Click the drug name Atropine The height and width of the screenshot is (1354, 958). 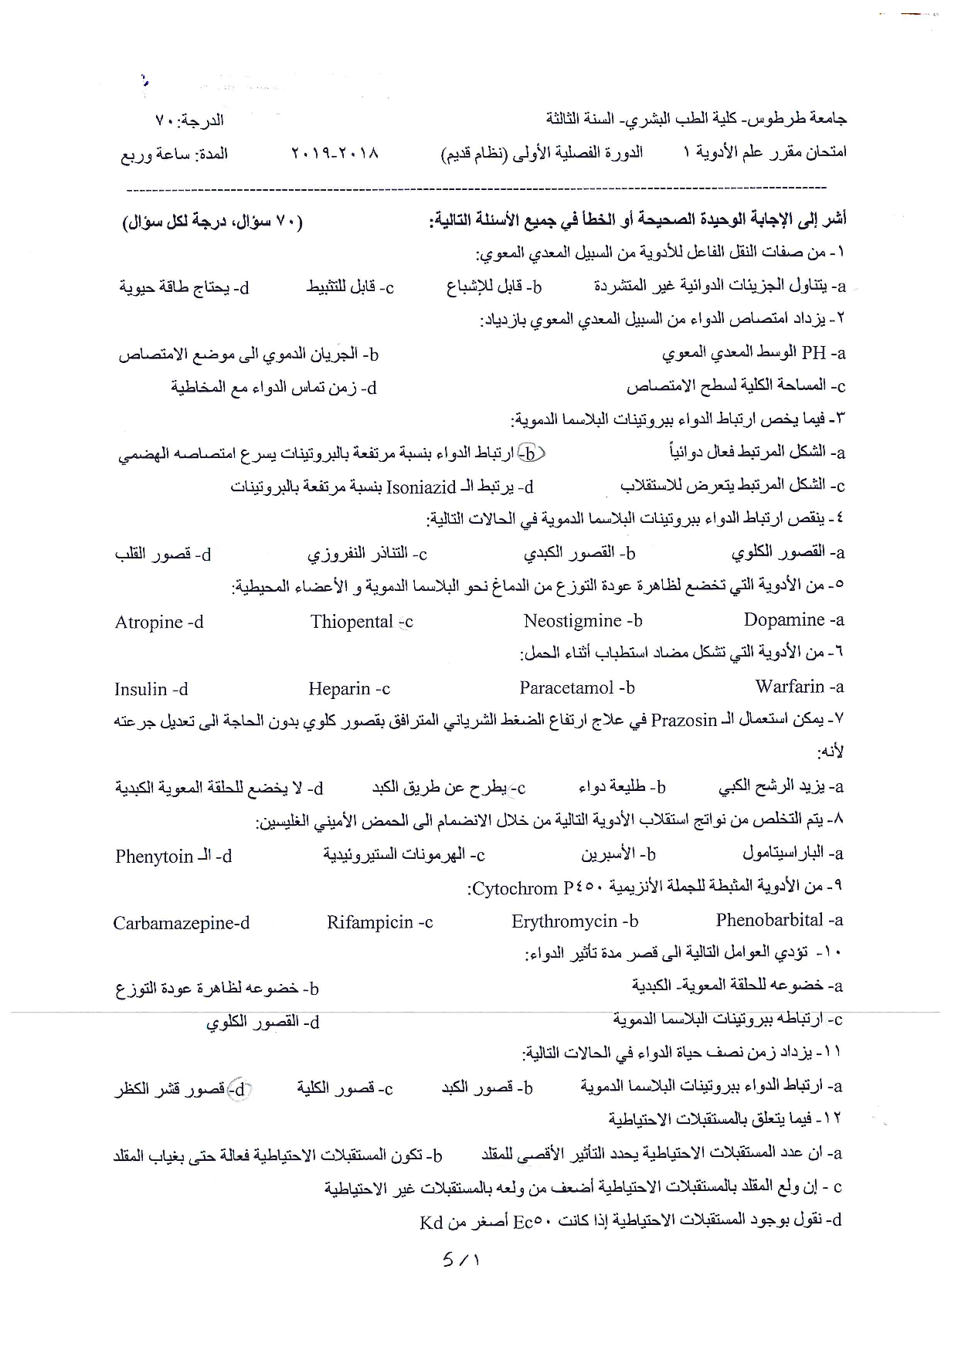[x=149, y=623]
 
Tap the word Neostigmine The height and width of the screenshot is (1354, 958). [x=572, y=621]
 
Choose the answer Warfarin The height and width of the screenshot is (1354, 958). [x=790, y=687]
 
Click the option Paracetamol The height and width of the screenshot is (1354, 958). [x=566, y=688]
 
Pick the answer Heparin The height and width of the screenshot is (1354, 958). [x=339, y=689]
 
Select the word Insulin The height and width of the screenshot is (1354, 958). [x=141, y=690]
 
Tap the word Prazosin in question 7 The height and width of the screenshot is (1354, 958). [x=684, y=721]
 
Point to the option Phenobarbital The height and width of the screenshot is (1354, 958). [x=769, y=921]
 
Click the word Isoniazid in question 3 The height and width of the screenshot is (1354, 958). [x=421, y=487]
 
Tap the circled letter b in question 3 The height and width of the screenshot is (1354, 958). [x=531, y=453]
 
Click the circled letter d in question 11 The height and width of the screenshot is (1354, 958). [x=240, y=1089]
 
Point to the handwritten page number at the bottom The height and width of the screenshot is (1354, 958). [x=460, y=1260]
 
